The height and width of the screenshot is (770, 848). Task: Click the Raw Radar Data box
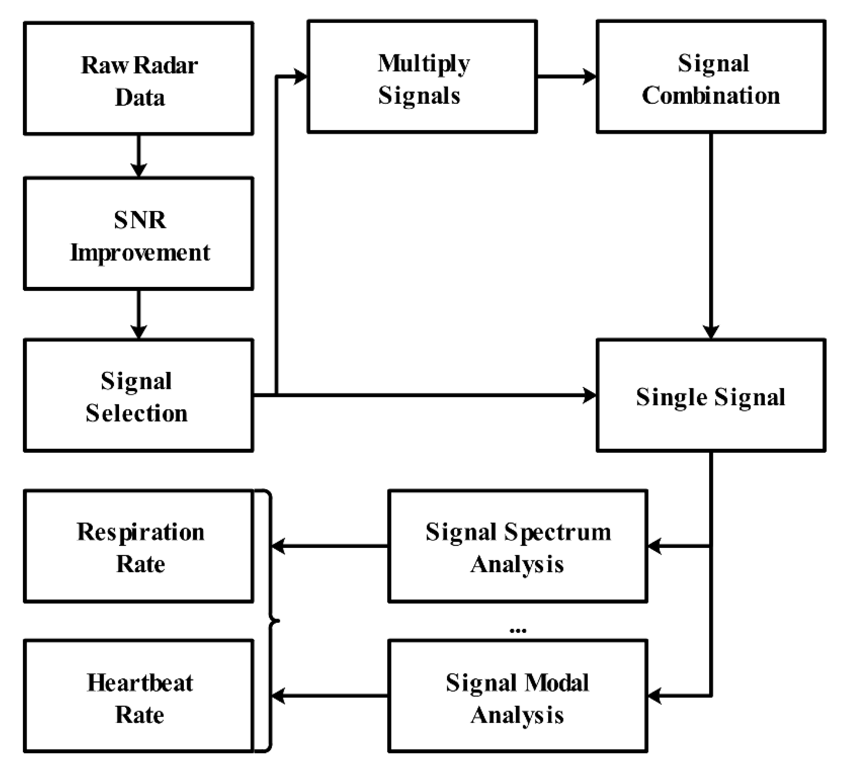point(139,79)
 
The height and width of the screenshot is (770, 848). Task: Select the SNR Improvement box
point(139,234)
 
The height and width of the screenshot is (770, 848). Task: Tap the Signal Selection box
point(139,395)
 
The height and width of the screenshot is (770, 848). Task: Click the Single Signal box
point(711,395)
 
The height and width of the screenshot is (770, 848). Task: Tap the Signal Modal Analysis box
point(517,696)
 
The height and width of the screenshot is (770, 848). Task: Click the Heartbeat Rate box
point(139,696)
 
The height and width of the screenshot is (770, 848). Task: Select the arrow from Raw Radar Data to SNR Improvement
point(139,156)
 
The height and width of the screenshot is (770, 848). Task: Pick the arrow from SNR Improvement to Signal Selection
point(139,314)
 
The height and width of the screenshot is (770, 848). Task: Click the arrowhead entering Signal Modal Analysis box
point(654,696)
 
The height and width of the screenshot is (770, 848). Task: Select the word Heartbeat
point(140,682)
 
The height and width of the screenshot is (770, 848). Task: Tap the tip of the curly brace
point(278,621)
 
